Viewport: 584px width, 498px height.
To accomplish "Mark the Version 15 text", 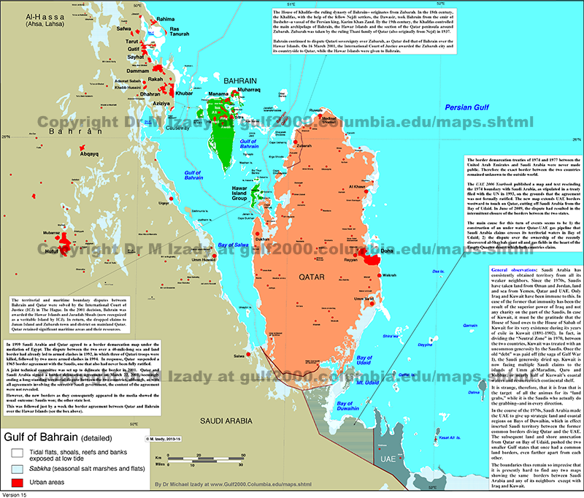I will pos(17,494).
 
